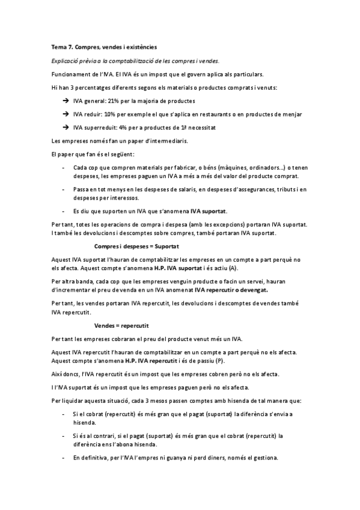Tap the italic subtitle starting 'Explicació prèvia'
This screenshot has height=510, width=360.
[x=136, y=60]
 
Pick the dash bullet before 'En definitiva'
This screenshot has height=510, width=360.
[x=64, y=458]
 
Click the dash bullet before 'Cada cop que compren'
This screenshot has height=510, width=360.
[x=64, y=168]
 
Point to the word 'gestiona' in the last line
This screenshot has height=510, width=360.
[x=264, y=458]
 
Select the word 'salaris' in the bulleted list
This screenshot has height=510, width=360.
[x=173, y=189]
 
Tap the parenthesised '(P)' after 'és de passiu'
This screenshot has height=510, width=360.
[x=220, y=360]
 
